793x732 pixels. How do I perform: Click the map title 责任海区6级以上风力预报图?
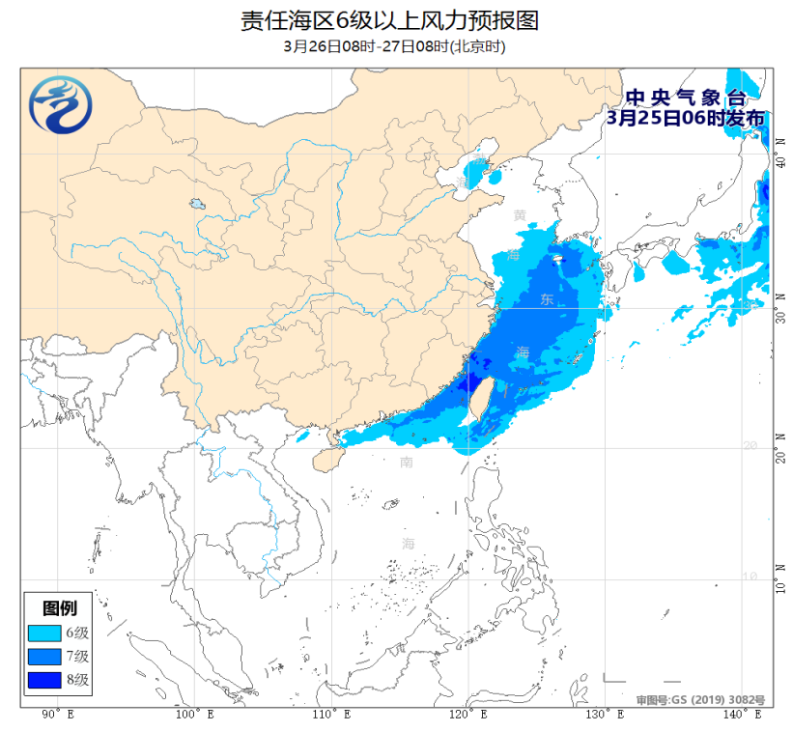pyautogui.click(x=396, y=20)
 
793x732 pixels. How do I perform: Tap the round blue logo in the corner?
pyautogui.click(x=59, y=104)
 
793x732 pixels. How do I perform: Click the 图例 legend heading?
pyautogui.click(x=60, y=608)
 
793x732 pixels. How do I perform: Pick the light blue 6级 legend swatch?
pyautogui.click(x=44, y=633)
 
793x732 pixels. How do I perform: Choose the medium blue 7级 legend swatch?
pyautogui.click(x=44, y=657)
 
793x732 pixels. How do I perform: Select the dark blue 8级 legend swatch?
pyautogui.click(x=44, y=680)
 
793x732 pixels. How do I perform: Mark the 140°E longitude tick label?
pyautogui.click(x=743, y=715)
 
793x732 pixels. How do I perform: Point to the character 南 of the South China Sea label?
pyautogui.click(x=407, y=463)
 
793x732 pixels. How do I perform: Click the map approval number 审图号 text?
pyautogui.click(x=700, y=699)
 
